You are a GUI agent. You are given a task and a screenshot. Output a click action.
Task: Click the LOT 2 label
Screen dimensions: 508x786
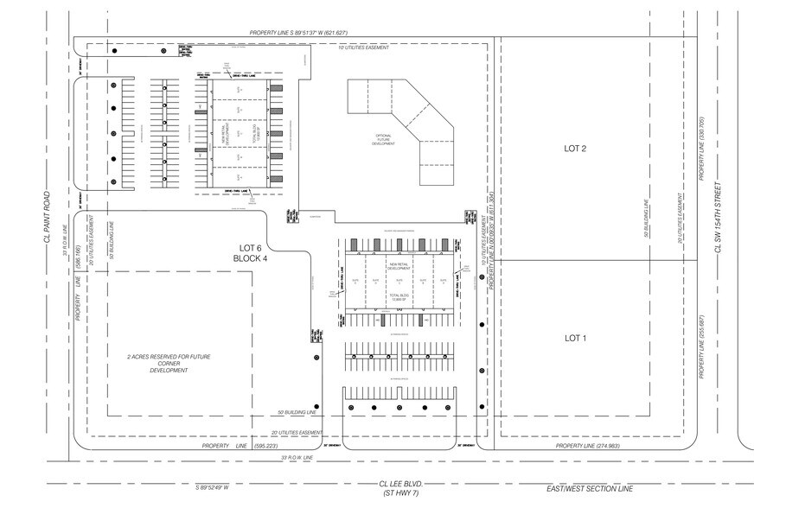pyautogui.click(x=575, y=149)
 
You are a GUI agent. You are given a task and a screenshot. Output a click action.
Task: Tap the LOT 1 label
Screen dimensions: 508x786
pyautogui.click(x=575, y=338)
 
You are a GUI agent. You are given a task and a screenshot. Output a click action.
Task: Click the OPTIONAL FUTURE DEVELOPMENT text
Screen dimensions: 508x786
pyautogui.click(x=383, y=140)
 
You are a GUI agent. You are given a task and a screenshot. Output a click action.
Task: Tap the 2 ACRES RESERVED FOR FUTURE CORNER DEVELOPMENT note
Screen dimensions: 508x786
pyautogui.click(x=169, y=363)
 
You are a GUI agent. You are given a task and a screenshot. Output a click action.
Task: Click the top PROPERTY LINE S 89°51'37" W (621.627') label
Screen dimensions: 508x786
pyautogui.click(x=298, y=33)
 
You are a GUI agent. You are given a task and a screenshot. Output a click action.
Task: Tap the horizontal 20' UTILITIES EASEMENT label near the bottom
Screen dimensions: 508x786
pyautogui.click(x=297, y=432)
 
